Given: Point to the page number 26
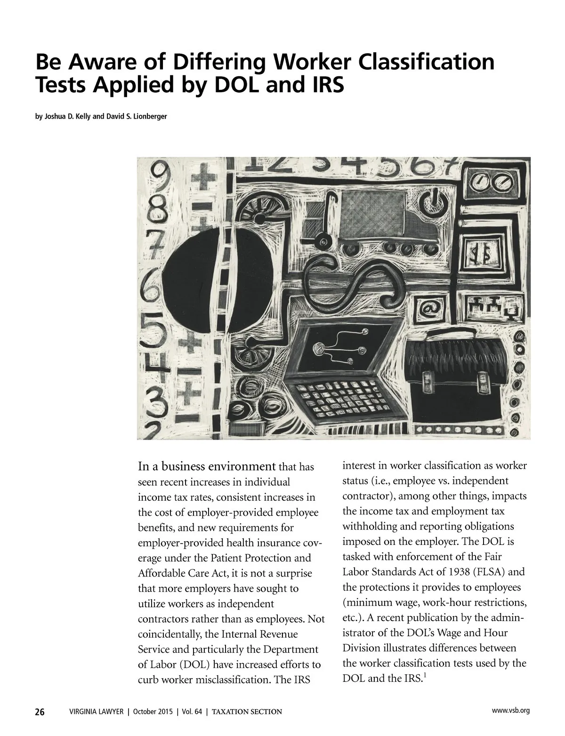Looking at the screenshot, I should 40,711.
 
